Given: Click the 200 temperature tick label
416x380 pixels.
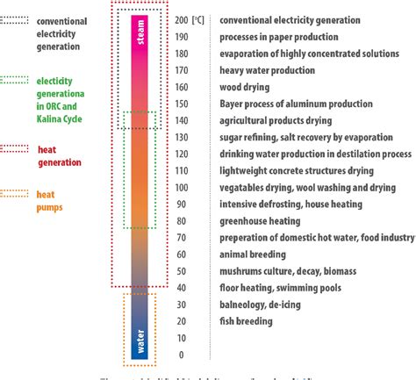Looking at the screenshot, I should (182, 18).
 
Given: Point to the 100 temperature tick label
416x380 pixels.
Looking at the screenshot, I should (182, 187).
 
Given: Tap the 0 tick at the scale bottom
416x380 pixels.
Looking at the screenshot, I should (181, 355).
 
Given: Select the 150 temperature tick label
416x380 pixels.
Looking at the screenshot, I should (182, 103).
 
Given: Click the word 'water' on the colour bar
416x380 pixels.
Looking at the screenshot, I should (140, 339).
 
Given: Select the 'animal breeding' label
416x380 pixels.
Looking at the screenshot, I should (251, 255).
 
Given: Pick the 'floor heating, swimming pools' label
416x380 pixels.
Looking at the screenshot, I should (276, 288).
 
